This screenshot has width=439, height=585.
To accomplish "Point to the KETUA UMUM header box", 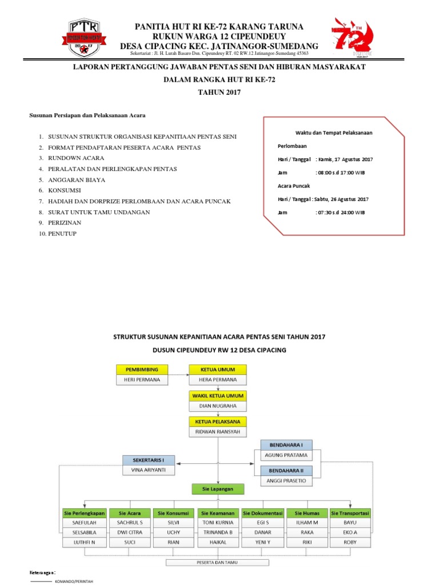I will click(217, 368).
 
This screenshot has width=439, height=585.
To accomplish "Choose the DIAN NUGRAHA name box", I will click(217, 406).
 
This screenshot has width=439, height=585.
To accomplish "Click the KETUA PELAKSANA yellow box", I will click(217, 422).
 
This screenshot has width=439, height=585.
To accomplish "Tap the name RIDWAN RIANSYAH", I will click(217, 432).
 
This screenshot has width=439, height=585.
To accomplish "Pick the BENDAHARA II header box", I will click(286, 470).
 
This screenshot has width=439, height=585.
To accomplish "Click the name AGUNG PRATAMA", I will click(286, 455).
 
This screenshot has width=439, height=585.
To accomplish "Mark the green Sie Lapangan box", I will click(217, 488).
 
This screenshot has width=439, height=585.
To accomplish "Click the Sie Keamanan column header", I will click(217, 513).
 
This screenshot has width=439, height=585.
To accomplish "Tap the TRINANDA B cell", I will click(217, 532).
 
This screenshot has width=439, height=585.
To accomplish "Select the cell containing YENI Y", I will click(262, 542).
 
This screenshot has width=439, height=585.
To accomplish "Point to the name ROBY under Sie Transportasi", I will click(350, 542).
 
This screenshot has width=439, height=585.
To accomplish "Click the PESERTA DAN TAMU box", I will click(217, 563).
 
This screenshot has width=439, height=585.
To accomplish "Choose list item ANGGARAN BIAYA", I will click(77, 180).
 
